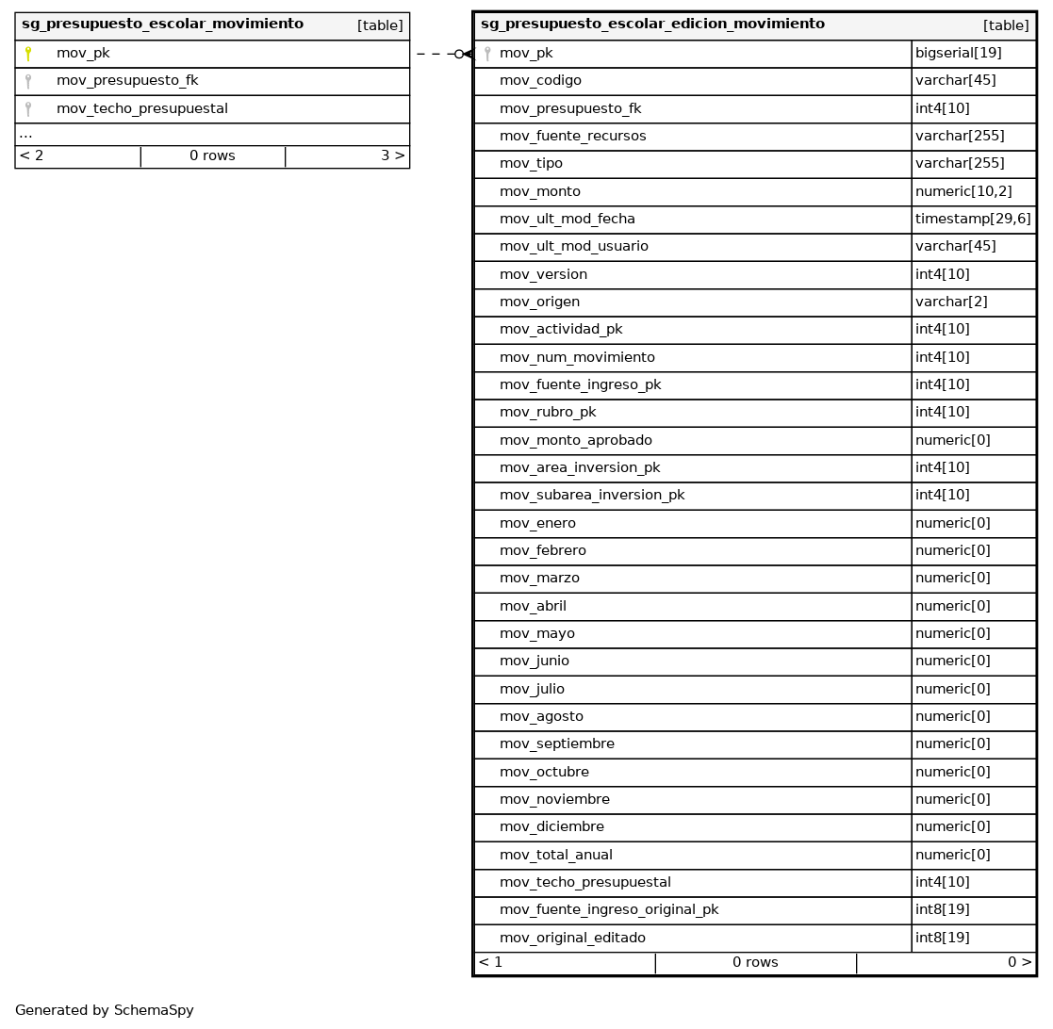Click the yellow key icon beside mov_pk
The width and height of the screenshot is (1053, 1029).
[28, 54]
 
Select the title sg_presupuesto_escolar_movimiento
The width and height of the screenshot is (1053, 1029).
[162, 24]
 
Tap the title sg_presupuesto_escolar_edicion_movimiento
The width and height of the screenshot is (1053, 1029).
[652, 24]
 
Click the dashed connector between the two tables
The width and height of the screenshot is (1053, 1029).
[436, 54]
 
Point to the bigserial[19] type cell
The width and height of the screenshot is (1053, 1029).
[958, 54]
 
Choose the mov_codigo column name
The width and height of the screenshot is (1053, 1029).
[540, 81]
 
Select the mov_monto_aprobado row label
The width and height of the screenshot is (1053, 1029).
[575, 440]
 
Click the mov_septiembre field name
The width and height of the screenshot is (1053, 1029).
[556, 743]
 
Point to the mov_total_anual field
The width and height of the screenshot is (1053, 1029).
[555, 855]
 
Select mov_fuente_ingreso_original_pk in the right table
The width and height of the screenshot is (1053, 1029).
[608, 909]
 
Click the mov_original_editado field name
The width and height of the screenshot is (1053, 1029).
[572, 938]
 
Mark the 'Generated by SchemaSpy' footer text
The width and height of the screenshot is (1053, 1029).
[104, 1010]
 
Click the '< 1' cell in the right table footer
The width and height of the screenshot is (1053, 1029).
[490, 962]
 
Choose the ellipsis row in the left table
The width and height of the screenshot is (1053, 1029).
[25, 135]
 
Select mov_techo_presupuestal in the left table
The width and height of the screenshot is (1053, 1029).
[141, 108]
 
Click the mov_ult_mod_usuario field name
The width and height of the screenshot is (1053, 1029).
[573, 246]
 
